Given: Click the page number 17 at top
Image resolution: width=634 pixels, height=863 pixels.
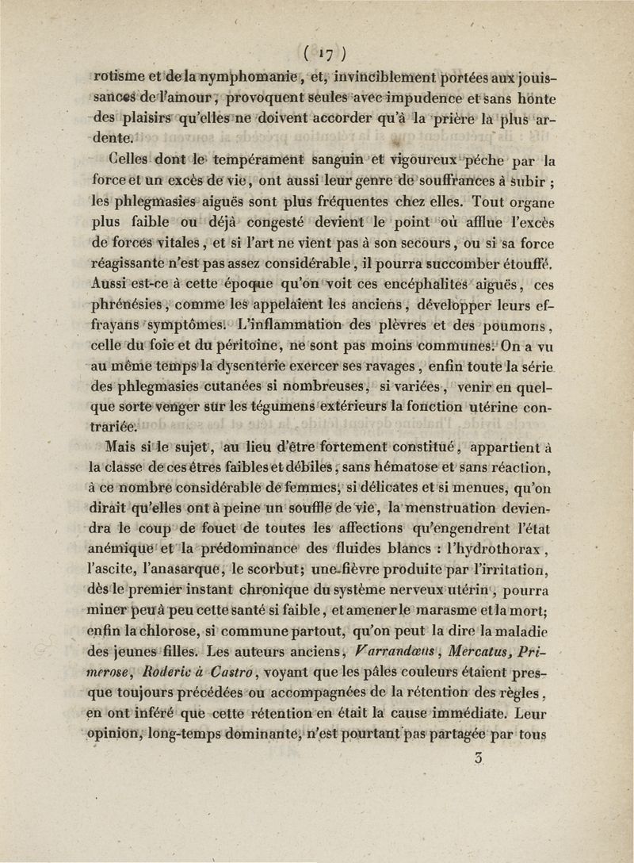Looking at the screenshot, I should point(316,56).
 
